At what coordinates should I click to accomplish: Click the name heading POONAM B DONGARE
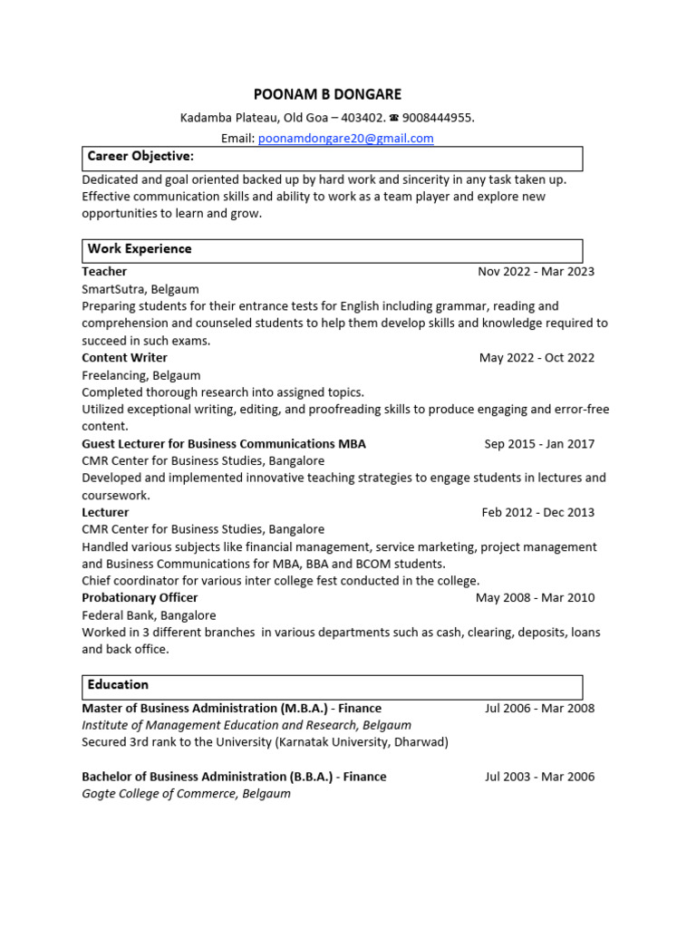coord(326,94)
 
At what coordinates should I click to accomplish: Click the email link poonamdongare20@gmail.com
coord(345,139)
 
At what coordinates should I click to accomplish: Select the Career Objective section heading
coord(140,157)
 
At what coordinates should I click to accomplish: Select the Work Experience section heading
coord(140,249)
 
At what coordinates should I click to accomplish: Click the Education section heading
coord(118,685)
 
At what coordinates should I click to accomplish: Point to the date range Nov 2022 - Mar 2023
coord(536,272)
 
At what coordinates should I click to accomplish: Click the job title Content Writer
coord(124,358)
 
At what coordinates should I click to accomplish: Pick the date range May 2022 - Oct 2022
coord(536,358)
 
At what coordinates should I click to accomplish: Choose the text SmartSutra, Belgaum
coord(140,289)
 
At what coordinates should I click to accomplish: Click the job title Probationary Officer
coord(140,598)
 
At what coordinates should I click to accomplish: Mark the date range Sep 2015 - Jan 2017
coord(539,444)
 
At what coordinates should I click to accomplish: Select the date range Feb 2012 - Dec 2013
coord(538,513)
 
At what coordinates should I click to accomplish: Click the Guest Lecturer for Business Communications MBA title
coord(224,444)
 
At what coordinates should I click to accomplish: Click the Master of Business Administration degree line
coord(231,709)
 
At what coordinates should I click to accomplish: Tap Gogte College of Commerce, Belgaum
coord(186,794)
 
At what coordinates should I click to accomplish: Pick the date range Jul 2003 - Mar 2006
coord(539,777)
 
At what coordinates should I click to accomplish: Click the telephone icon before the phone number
coord(394,118)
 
